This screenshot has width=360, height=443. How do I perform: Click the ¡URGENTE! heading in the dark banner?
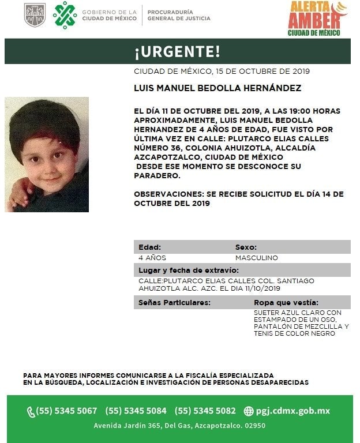pyautogui.click(x=177, y=52)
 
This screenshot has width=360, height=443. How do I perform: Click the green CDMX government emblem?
pyautogui.click(x=65, y=15)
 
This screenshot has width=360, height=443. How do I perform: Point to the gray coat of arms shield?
pyautogui.click(x=34, y=15)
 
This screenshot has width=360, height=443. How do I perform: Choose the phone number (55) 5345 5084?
pyautogui.click(x=136, y=411)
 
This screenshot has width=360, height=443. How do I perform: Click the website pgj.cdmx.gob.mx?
pyautogui.click(x=293, y=411)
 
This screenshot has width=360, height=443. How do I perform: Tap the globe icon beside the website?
pyautogui.click(x=249, y=411)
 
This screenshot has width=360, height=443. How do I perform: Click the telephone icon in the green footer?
pyautogui.click(x=31, y=412)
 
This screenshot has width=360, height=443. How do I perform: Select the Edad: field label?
pyautogui.click(x=150, y=247)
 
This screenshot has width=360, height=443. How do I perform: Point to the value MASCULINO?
pyautogui.click(x=256, y=258)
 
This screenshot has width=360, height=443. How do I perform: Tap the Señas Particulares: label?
pyautogui.click(x=174, y=302)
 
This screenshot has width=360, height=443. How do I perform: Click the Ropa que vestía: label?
pyautogui.click(x=286, y=302)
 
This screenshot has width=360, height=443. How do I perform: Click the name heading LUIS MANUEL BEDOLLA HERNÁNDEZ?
pyautogui.click(x=217, y=88)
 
